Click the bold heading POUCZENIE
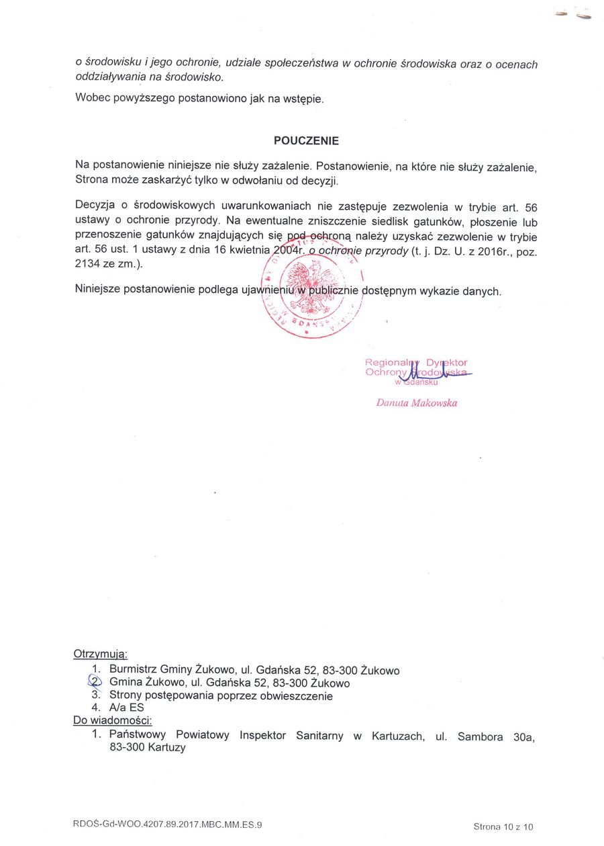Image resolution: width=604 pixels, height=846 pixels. [306, 141]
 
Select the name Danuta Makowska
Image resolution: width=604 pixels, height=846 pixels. [417, 403]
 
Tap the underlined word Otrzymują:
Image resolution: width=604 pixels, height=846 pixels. [100, 654]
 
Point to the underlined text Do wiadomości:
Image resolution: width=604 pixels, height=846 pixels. [112, 721]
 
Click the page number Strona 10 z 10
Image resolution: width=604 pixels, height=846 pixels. [503, 827]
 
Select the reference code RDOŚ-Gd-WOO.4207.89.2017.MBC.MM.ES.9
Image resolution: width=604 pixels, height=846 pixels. [168, 824]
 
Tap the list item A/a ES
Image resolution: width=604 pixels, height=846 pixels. [126, 708]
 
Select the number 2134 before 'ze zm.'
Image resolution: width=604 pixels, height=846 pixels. [88, 264]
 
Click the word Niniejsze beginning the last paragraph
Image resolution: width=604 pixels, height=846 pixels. [101, 290]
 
